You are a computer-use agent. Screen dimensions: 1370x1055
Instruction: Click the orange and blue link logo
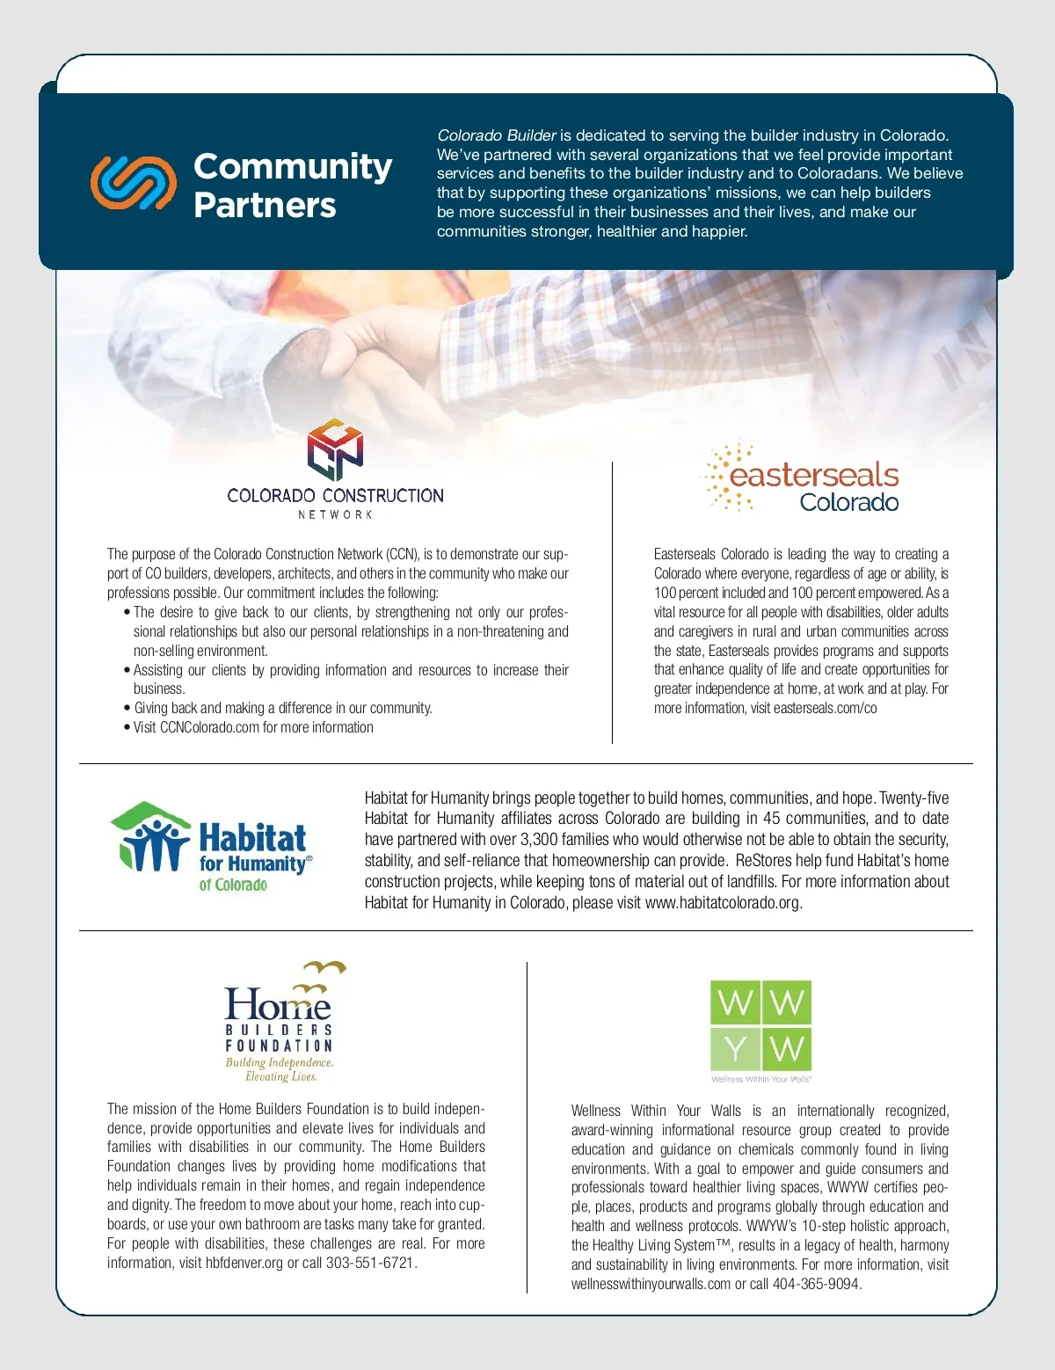(x=134, y=183)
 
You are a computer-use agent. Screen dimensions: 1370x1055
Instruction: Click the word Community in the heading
(x=293, y=166)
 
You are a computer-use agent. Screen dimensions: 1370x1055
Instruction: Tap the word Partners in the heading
(x=265, y=205)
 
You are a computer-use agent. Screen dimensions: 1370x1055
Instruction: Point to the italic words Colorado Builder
(x=497, y=135)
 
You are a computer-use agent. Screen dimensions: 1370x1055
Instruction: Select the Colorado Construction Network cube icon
(x=335, y=449)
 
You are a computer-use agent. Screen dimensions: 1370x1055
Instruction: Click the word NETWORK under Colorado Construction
(x=335, y=514)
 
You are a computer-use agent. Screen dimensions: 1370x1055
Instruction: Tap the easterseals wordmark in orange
(x=814, y=476)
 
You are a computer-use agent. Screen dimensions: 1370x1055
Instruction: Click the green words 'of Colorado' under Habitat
(x=233, y=885)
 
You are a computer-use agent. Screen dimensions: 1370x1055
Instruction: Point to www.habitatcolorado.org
(x=722, y=903)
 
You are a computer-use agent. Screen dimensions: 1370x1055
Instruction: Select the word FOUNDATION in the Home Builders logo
(x=279, y=1046)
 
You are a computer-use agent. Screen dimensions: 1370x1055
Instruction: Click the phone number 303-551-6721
(x=370, y=1264)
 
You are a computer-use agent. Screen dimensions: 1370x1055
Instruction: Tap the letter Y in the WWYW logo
(x=735, y=1049)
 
